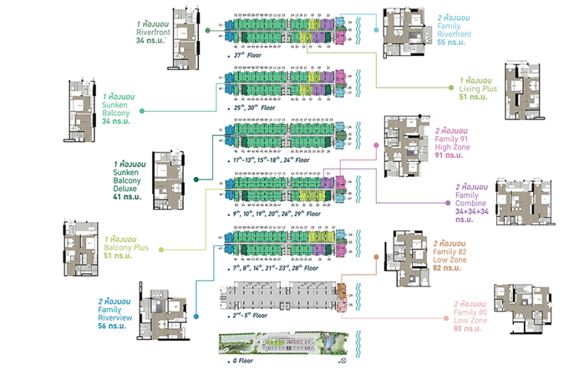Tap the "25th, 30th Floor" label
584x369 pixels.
[256, 109]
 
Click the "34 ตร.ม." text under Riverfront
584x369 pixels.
[151, 40]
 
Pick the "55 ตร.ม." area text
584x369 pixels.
[452, 40]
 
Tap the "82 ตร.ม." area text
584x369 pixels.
[450, 269]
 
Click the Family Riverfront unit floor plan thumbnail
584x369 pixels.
[409, 33]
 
